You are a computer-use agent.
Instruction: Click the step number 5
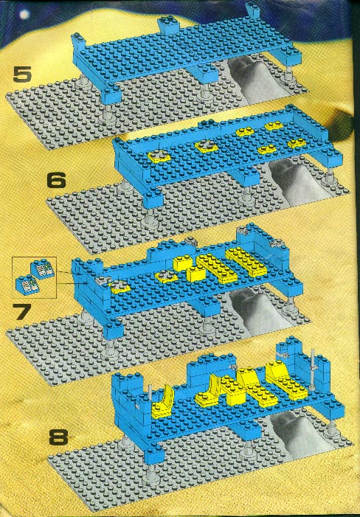[22, 74]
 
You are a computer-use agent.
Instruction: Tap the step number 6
[57, 181]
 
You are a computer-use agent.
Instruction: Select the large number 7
[21, 311]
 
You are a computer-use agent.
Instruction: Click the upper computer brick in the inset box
[42, 269]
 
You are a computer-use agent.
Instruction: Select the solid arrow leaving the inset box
[72, 282]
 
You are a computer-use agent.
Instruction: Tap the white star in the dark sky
[24, 15]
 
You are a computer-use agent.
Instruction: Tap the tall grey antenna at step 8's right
[312, 370]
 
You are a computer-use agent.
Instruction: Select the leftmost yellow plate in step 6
[159, 155]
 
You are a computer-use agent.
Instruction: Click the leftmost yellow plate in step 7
[120, 288]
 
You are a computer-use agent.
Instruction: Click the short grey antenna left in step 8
[150, 395]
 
